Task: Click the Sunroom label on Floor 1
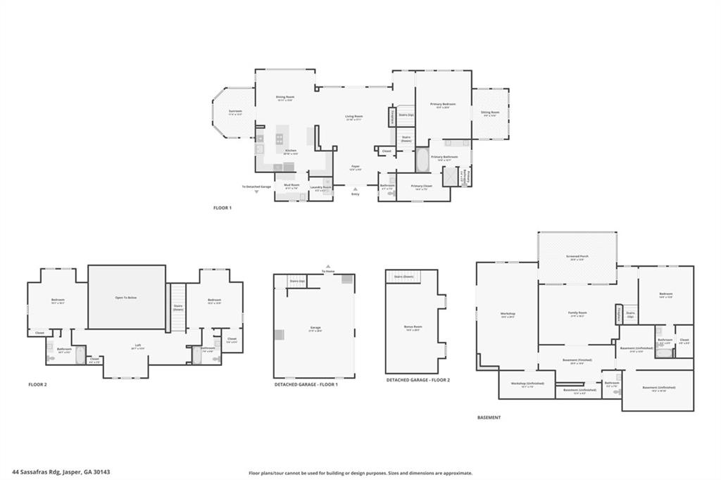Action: [235, 111]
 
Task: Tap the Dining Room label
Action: [284, 98]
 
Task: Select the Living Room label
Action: [353, 118]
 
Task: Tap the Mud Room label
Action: [291, 186]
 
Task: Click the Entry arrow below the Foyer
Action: [355, 189]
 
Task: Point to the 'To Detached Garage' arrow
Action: [256, 191]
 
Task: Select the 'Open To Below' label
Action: [126, 298]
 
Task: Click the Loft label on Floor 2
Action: [137, 346]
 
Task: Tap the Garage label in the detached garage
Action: [315, 327]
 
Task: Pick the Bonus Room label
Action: [413, 327]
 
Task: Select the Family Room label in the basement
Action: [577, 313]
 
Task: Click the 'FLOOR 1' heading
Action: [222, 208]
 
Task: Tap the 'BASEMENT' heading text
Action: [489, 417]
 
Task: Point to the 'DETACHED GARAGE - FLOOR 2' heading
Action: [418, 380]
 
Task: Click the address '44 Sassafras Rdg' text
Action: [39, 472]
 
